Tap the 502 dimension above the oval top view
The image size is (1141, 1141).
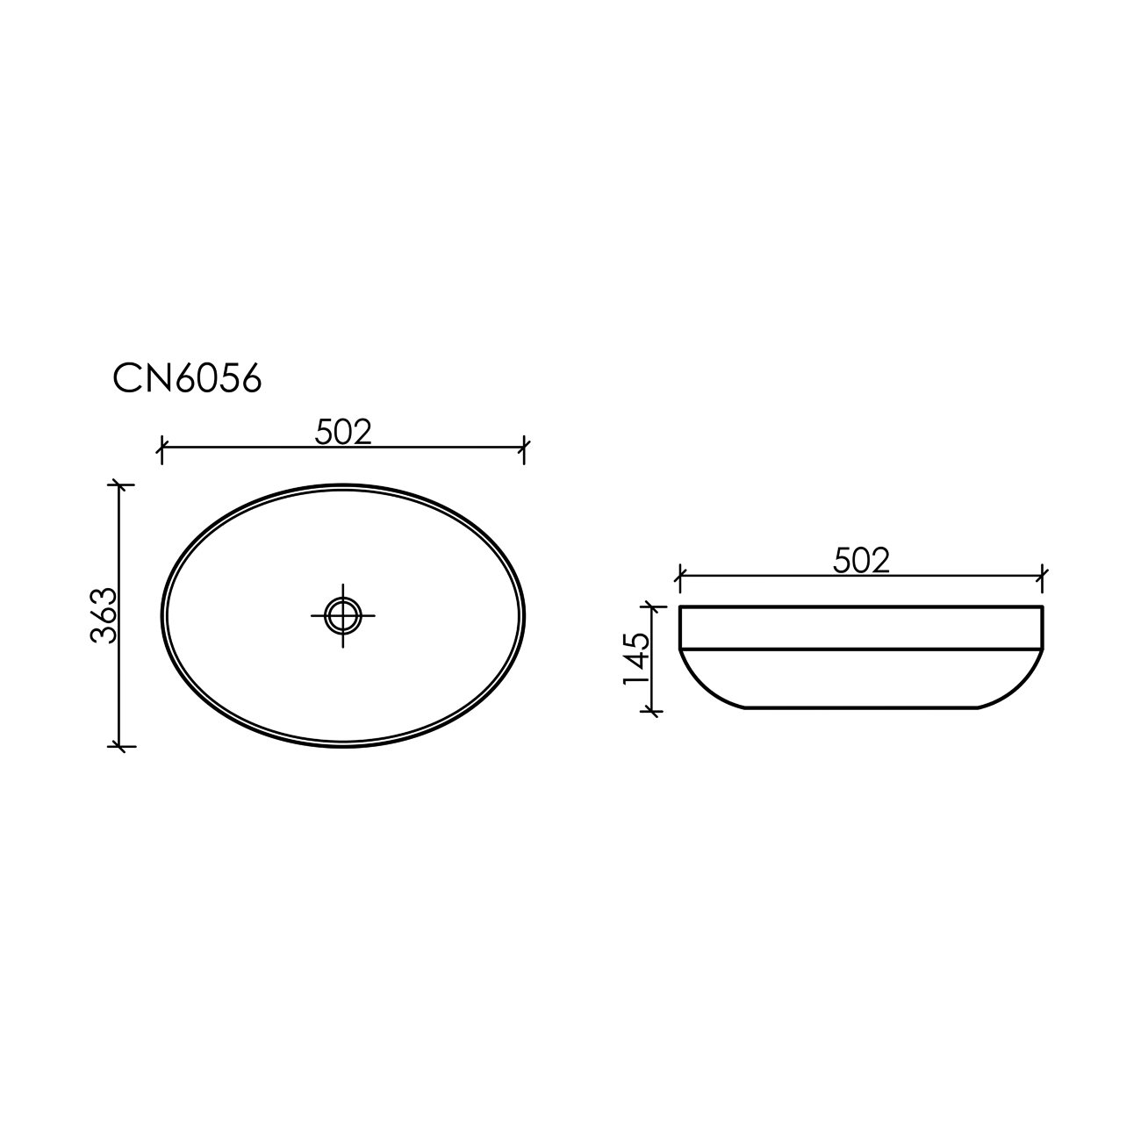343,432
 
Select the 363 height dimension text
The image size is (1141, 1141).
104,615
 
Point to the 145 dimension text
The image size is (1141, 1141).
637,658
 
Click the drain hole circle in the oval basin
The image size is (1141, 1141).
343,616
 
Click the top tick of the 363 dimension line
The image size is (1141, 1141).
120,484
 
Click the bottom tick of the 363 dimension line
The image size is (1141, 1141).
120,746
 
